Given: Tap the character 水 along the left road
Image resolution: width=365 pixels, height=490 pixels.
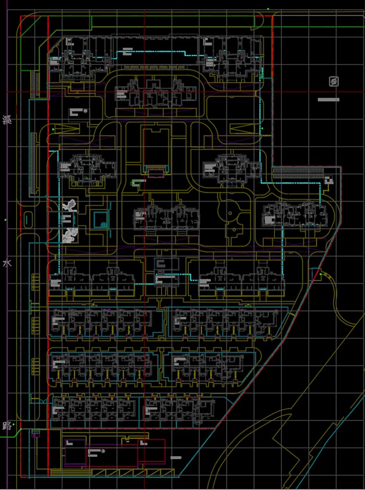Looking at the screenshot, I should pyautogui.click(x=7, y=264).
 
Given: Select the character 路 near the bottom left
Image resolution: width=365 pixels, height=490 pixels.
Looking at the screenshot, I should pyautogui.click(x=7, y=425).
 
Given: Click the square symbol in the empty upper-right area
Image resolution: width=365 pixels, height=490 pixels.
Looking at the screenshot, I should pyautogui.click(x=334, y=81).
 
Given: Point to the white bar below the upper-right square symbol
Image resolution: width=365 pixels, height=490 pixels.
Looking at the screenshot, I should pyautogui.click(x=328, y=100).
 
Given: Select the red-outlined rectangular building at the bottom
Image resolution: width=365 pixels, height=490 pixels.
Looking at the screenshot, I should pyautogui.click(x=152, y=450).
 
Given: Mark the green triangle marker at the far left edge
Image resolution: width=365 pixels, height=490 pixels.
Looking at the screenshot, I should pyautogui.click(x=6, y=220).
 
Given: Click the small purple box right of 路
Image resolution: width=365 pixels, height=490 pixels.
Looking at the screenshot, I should pyautogui.click(x=36, y=433).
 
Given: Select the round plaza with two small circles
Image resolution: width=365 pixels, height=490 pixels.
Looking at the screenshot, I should pyautogui.click(x=233, y=215).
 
